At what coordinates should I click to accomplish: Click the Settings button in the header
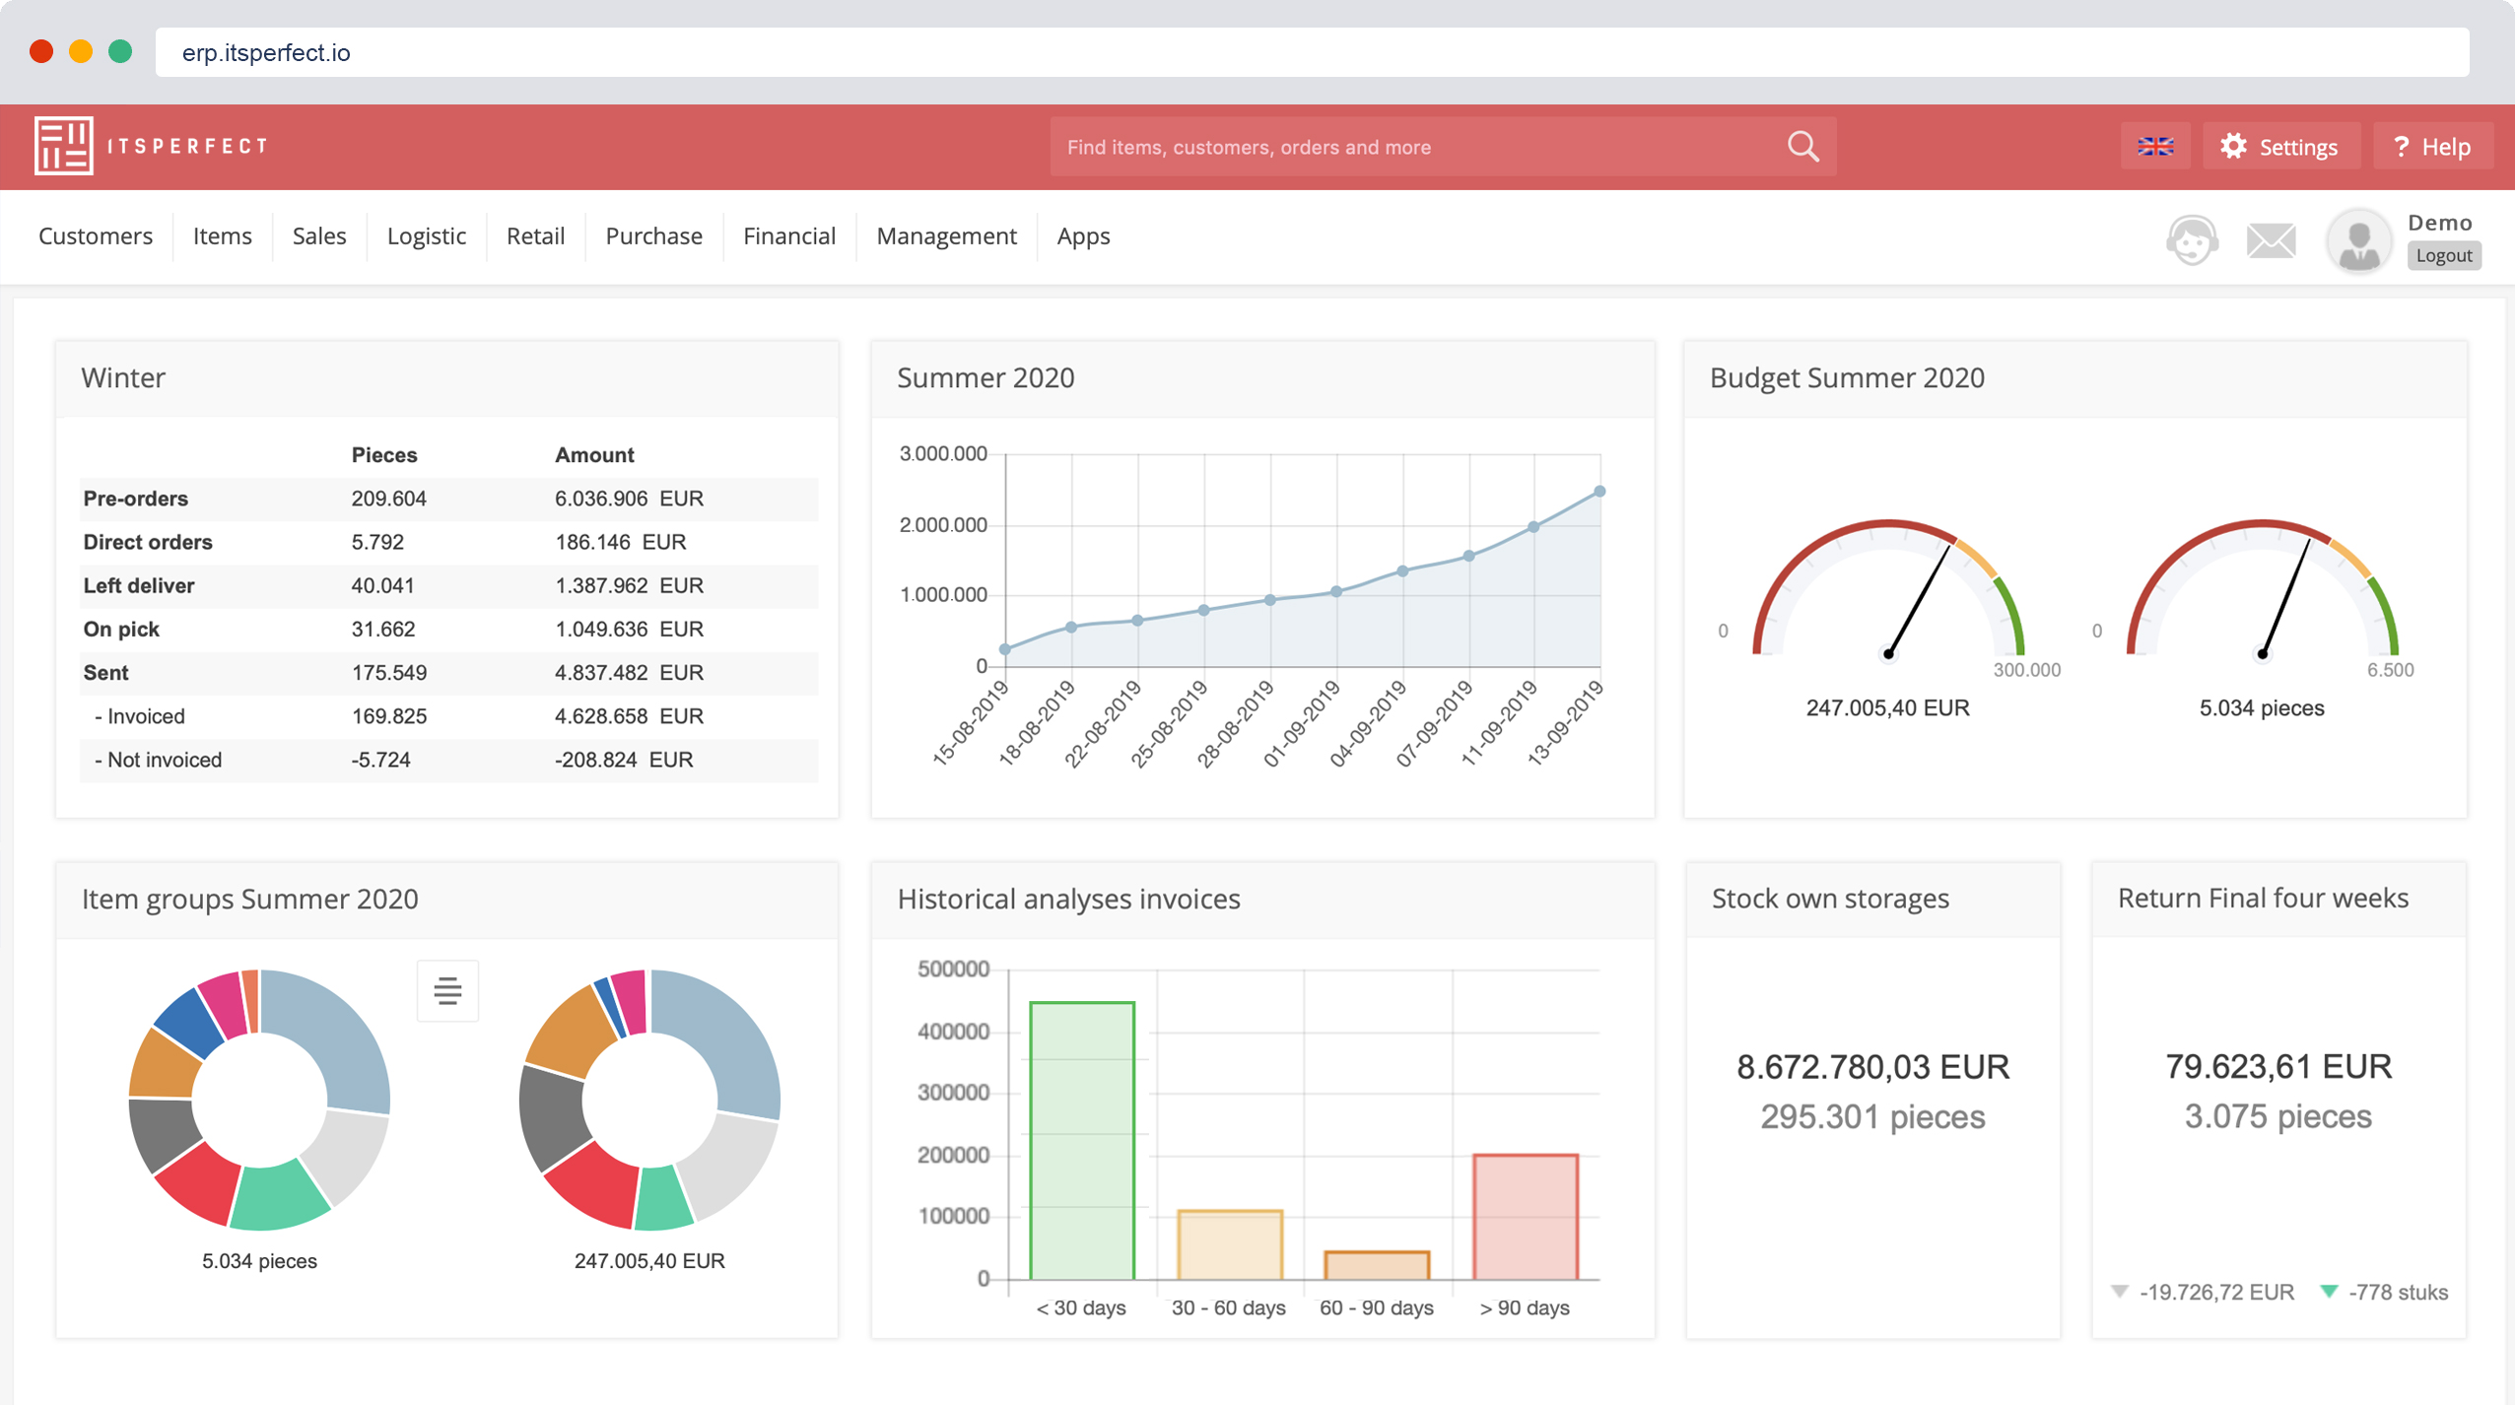[2279, 147]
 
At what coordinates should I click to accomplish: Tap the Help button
[2432, 147]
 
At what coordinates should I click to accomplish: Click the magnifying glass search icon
[1802, 147]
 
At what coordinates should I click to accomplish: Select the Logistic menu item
[426, 236]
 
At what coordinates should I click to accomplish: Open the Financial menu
[788, 236]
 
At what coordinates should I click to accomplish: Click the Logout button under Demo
[2443, 256]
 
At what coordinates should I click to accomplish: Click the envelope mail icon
[2271, 239]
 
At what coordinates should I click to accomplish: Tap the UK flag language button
[2155, 147]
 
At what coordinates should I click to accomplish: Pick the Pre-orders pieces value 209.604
[388, 499]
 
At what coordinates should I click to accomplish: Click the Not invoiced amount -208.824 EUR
[623, 760]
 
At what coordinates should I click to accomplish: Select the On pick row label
[121, 630]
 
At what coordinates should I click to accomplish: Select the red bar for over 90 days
[1525, 1217]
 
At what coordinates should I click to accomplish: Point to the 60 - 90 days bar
[1377, 1265]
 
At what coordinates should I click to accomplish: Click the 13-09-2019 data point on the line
[1599, 492]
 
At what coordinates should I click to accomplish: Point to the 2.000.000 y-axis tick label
[942, 525]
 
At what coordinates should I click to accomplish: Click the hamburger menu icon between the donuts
[447, 990]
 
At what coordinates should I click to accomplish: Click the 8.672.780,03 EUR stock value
[1872, 1067]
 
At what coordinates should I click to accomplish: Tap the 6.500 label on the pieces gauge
[2390, 670]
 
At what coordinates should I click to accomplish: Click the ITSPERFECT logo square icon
[63, 146]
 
